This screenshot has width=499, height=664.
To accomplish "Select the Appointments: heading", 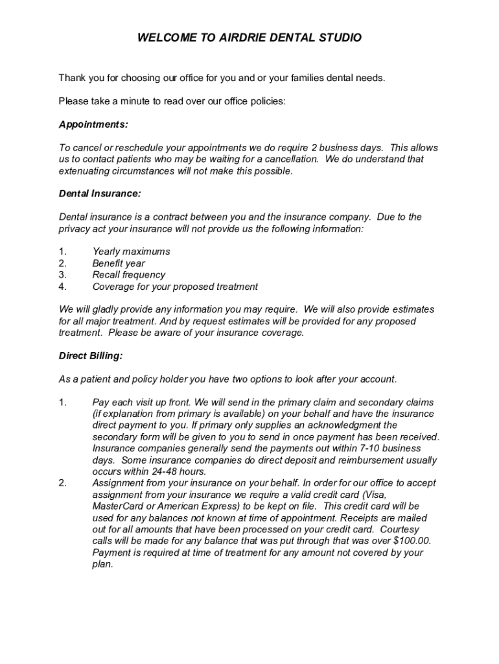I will (93, 124).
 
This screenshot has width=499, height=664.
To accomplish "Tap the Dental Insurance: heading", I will (100, 193).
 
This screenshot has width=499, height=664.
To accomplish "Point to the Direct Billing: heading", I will (91, 356).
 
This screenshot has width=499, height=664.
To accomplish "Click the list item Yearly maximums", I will (131, 252).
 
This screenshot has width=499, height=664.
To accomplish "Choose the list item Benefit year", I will (119, 263).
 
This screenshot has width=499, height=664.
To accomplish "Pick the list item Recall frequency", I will (128, 275).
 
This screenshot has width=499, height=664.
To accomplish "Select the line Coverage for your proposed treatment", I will (175, 287).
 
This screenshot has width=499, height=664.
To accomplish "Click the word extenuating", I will (84, 171).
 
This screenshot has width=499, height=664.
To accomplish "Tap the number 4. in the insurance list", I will (63, 287).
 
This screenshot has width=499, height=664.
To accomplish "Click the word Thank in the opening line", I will (73, 78).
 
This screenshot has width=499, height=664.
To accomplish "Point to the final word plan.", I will (102, 564).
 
